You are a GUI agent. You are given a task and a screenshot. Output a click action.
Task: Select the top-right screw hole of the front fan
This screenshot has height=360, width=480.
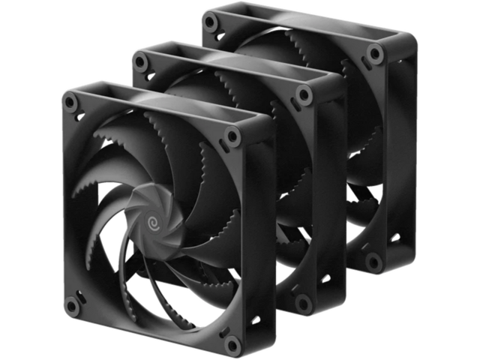tap(232, 136)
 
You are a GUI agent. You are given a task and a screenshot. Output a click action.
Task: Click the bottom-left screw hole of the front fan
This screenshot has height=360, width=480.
tap(71, 306)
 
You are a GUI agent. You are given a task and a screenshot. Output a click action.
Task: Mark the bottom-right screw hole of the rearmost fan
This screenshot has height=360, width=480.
tap(373, 261)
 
